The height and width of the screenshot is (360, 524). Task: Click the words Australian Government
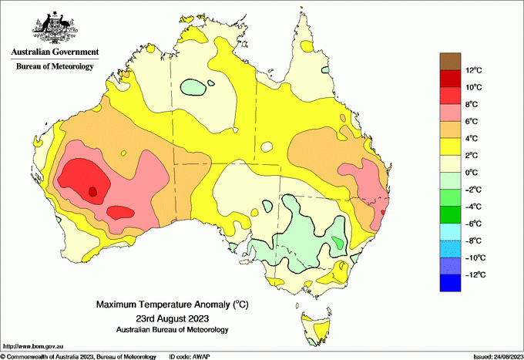pos(55,52)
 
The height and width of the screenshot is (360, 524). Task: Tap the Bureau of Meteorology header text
pos(55,66)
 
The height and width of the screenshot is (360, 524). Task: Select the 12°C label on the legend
pos(474,71)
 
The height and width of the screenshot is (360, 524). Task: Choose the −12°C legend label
pos(472,274)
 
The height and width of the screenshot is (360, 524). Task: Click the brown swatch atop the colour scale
pos(450,61)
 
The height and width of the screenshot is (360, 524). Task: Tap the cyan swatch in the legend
pos(450,232)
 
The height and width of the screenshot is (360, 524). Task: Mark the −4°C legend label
pos(472,207)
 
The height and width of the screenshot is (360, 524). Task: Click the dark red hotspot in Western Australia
pos(92,191)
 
